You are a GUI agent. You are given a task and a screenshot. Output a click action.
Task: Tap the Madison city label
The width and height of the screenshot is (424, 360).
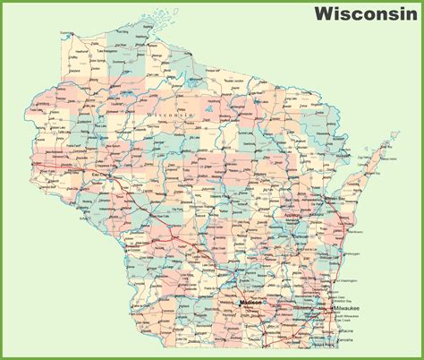coord(252,304)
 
